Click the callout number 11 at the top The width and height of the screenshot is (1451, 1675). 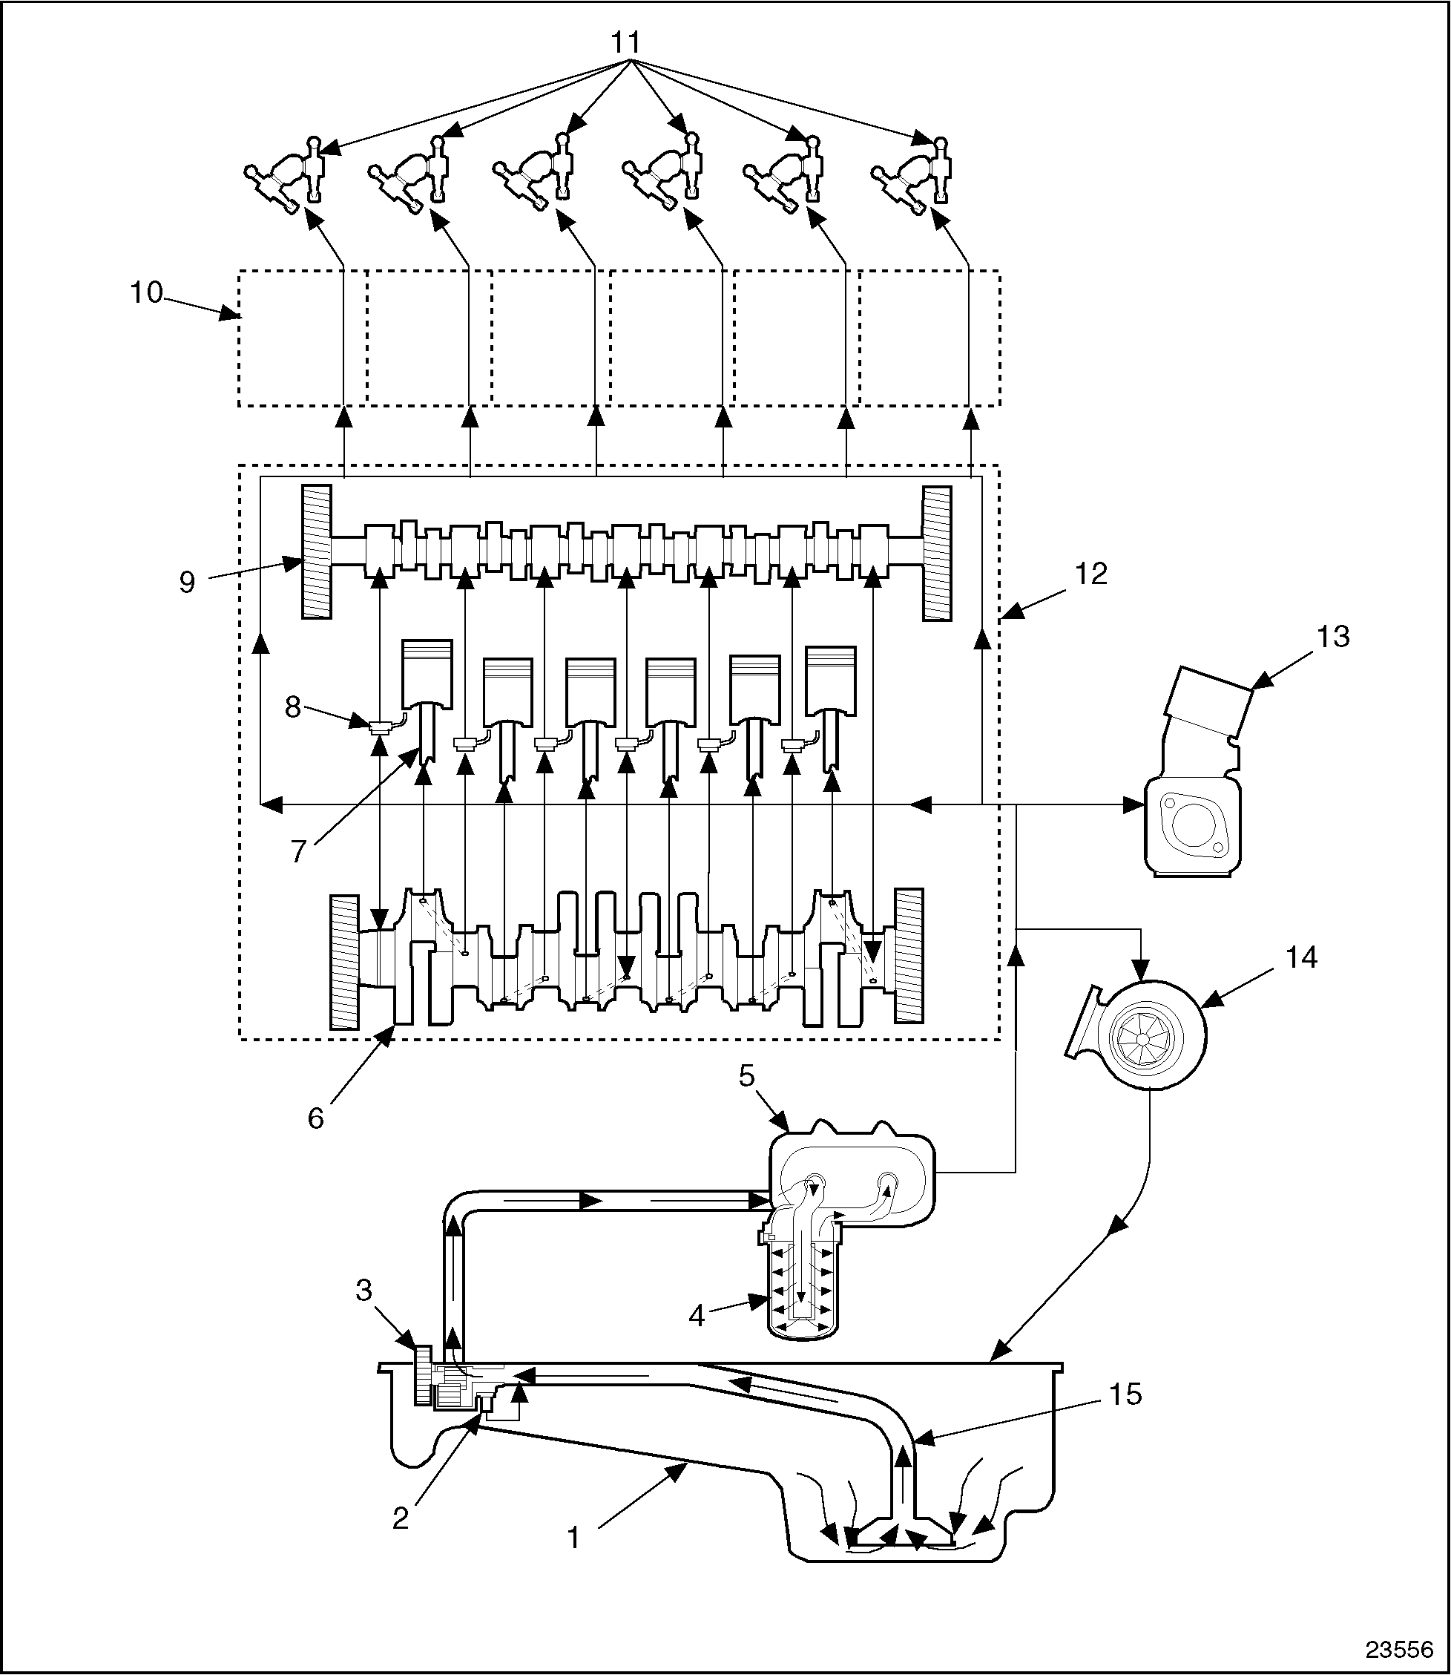pyautogui.click(x=626, y=42)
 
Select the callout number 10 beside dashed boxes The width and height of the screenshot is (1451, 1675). pyautogui.click(x=148, y=292)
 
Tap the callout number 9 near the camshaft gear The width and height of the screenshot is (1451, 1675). pyautogui.click(x=188, y=582)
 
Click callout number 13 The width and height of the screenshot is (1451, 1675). pyautogui.click(x=1333, y=637)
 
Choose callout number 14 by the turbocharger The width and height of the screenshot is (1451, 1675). pyautogui.click(x=1301, y=958)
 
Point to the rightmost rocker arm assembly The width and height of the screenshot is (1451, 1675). pyautogui.click(x=913, y=174)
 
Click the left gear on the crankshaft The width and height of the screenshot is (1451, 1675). pyautogui.click(x=345, y=961)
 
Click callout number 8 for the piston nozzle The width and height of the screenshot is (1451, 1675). pyautogui.click(x=293, y=707)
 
